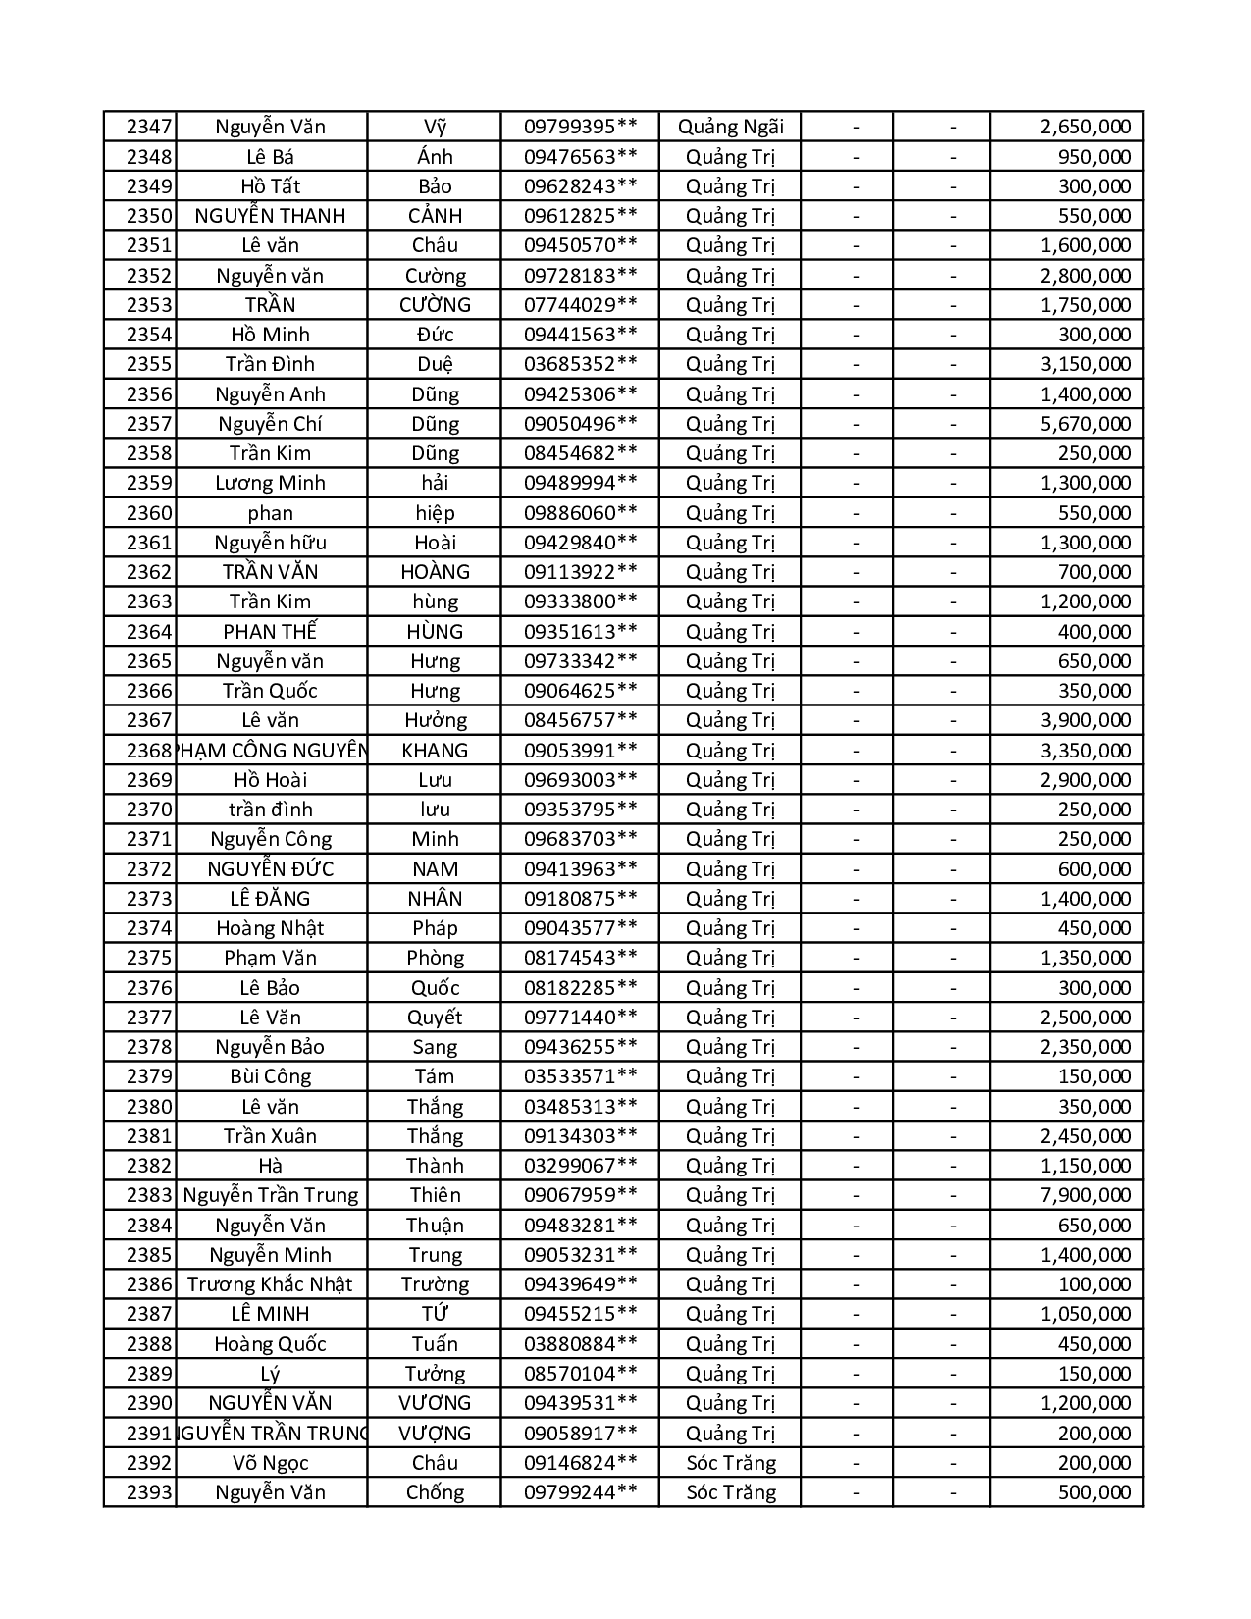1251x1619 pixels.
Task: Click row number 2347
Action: coord(149,127)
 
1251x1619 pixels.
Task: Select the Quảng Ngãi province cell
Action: coord(730,127)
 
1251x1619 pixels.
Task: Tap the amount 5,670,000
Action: coord(1085,424)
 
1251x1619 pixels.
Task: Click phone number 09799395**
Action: coord(580,127)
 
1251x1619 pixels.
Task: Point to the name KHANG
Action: coord(435,751)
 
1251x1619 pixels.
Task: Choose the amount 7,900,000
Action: coord(1085,1195)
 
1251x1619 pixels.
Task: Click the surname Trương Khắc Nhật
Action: coord(270,1284)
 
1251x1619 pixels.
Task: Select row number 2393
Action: coord(149,1492)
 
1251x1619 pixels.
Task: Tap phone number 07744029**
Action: coord(580,305)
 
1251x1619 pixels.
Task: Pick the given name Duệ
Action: coord(435,364)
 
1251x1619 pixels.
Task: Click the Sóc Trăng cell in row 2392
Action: coord(730,1463)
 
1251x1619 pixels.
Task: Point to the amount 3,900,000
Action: coord(1085,720)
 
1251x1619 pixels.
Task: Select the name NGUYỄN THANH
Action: coord(270,216)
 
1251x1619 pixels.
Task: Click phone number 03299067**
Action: coord(580,1166)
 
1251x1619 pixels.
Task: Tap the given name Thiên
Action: coord(435,1195)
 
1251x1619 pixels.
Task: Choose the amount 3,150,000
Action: coord(1085,364)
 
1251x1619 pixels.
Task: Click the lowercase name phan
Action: coord(270,513)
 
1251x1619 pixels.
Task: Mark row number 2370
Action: coord(149,809)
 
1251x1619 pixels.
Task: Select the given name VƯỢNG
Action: coord(435,1434)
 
